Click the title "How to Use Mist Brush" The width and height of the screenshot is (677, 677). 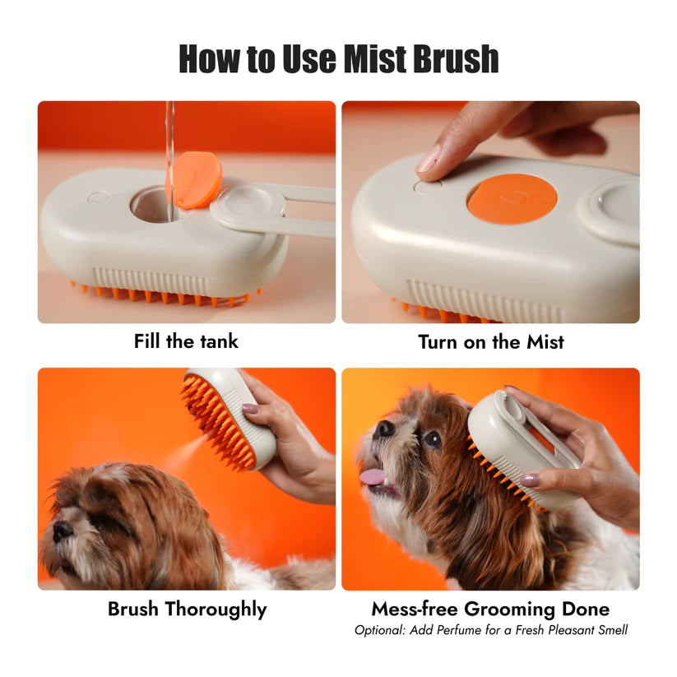pos(338,58)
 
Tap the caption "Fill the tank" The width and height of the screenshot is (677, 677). pos(186,341)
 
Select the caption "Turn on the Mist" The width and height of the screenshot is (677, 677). pos(490,341)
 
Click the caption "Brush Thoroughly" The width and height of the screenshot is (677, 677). pos(187,610)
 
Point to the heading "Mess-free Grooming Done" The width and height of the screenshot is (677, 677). pos(490,610)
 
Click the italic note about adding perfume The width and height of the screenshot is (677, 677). pos(490,630)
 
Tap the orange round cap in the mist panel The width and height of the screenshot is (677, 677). pos(512,199)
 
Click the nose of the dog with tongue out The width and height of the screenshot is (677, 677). pos(384,429)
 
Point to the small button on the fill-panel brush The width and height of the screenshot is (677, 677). pos(98,197)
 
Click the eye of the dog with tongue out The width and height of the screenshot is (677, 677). pos(431,438)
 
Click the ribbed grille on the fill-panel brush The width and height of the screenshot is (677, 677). pos(152,279)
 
